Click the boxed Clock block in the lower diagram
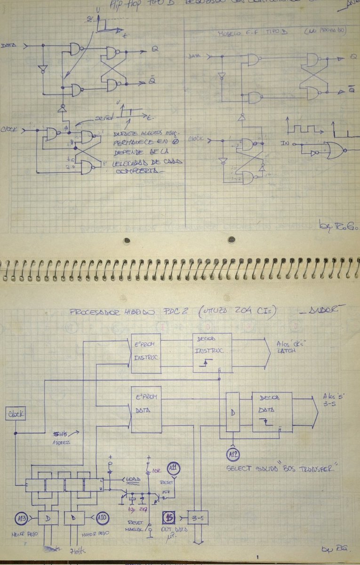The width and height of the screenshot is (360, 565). pyautogui.click(x=16, y=414)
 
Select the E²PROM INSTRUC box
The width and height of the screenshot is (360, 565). pyautogui.click(x=145, y=353)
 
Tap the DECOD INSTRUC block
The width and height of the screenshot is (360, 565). pyautogui.click(x=212, y=353)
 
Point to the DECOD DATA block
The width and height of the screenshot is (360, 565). pyautogui.click(x=272, y=412)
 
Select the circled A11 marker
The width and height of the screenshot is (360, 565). pyautogui.click(x=174, y=468)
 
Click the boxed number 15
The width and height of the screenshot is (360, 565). pyautogui.click(x=169, y=518)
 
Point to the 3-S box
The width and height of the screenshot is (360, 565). pyautogui.click(x=198, y=517)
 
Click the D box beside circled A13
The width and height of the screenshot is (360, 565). pyautogui.click(x=48, y=518)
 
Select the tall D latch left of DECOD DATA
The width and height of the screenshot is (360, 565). pyautogui.click(x=232, y=412)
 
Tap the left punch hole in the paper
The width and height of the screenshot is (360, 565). pyautogui.click(x=126, y=240)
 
